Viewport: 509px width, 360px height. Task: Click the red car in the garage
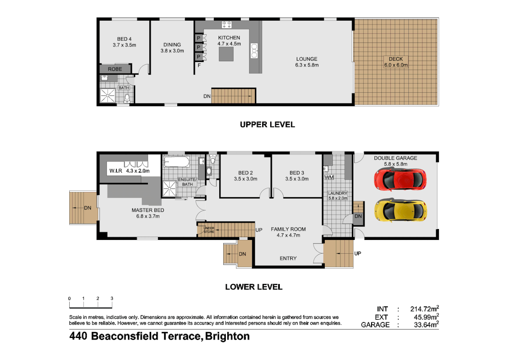point(400,180)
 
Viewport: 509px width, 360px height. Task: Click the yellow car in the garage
point(400,210)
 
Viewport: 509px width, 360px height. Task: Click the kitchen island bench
point(226,54)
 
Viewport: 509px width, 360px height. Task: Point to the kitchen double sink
point(254,51)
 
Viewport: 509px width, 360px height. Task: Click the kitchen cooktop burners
point(227,25)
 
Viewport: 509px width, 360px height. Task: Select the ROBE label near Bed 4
point(115,69)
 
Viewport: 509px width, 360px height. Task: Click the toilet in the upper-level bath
point(127,98)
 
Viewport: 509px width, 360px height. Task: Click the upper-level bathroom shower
point(108,96)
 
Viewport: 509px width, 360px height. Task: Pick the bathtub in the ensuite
point(176,162)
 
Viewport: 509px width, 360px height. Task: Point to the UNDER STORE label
point(209,230)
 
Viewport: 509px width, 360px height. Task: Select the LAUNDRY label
point(337,193)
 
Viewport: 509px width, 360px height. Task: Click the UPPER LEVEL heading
point(267,124)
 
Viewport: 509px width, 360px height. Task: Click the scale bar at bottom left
point(91,303)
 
